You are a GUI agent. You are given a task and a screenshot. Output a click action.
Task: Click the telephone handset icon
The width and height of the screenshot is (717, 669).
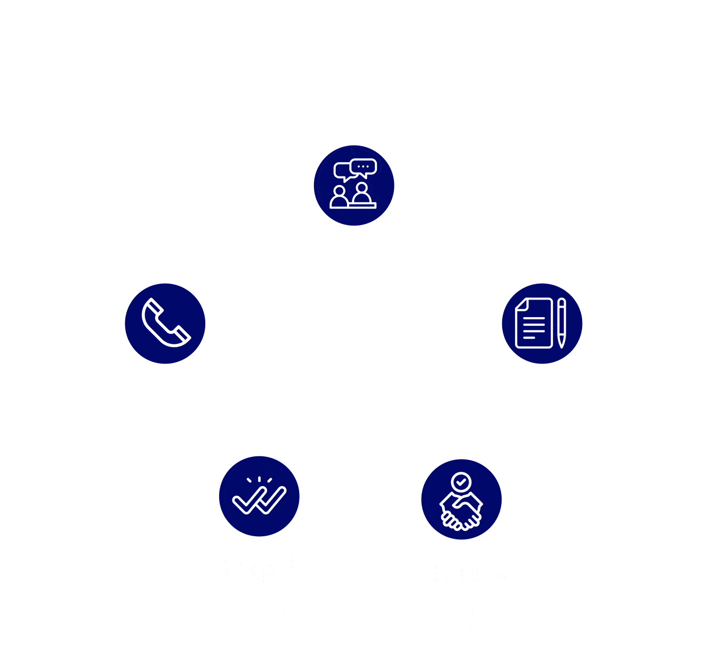tap(165, 323)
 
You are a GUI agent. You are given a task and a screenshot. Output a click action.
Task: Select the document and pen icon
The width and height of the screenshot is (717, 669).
tap(542, 324)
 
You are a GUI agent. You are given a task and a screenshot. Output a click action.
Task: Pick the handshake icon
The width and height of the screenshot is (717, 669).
tap(461, 500)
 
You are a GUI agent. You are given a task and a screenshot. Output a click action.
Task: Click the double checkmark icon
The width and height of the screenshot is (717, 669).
tap(260, 496)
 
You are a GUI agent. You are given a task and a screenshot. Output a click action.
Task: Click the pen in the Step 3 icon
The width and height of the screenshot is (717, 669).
tap(561, 323)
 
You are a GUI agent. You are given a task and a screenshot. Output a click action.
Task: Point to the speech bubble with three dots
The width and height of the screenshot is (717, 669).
tap(364, 167)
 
